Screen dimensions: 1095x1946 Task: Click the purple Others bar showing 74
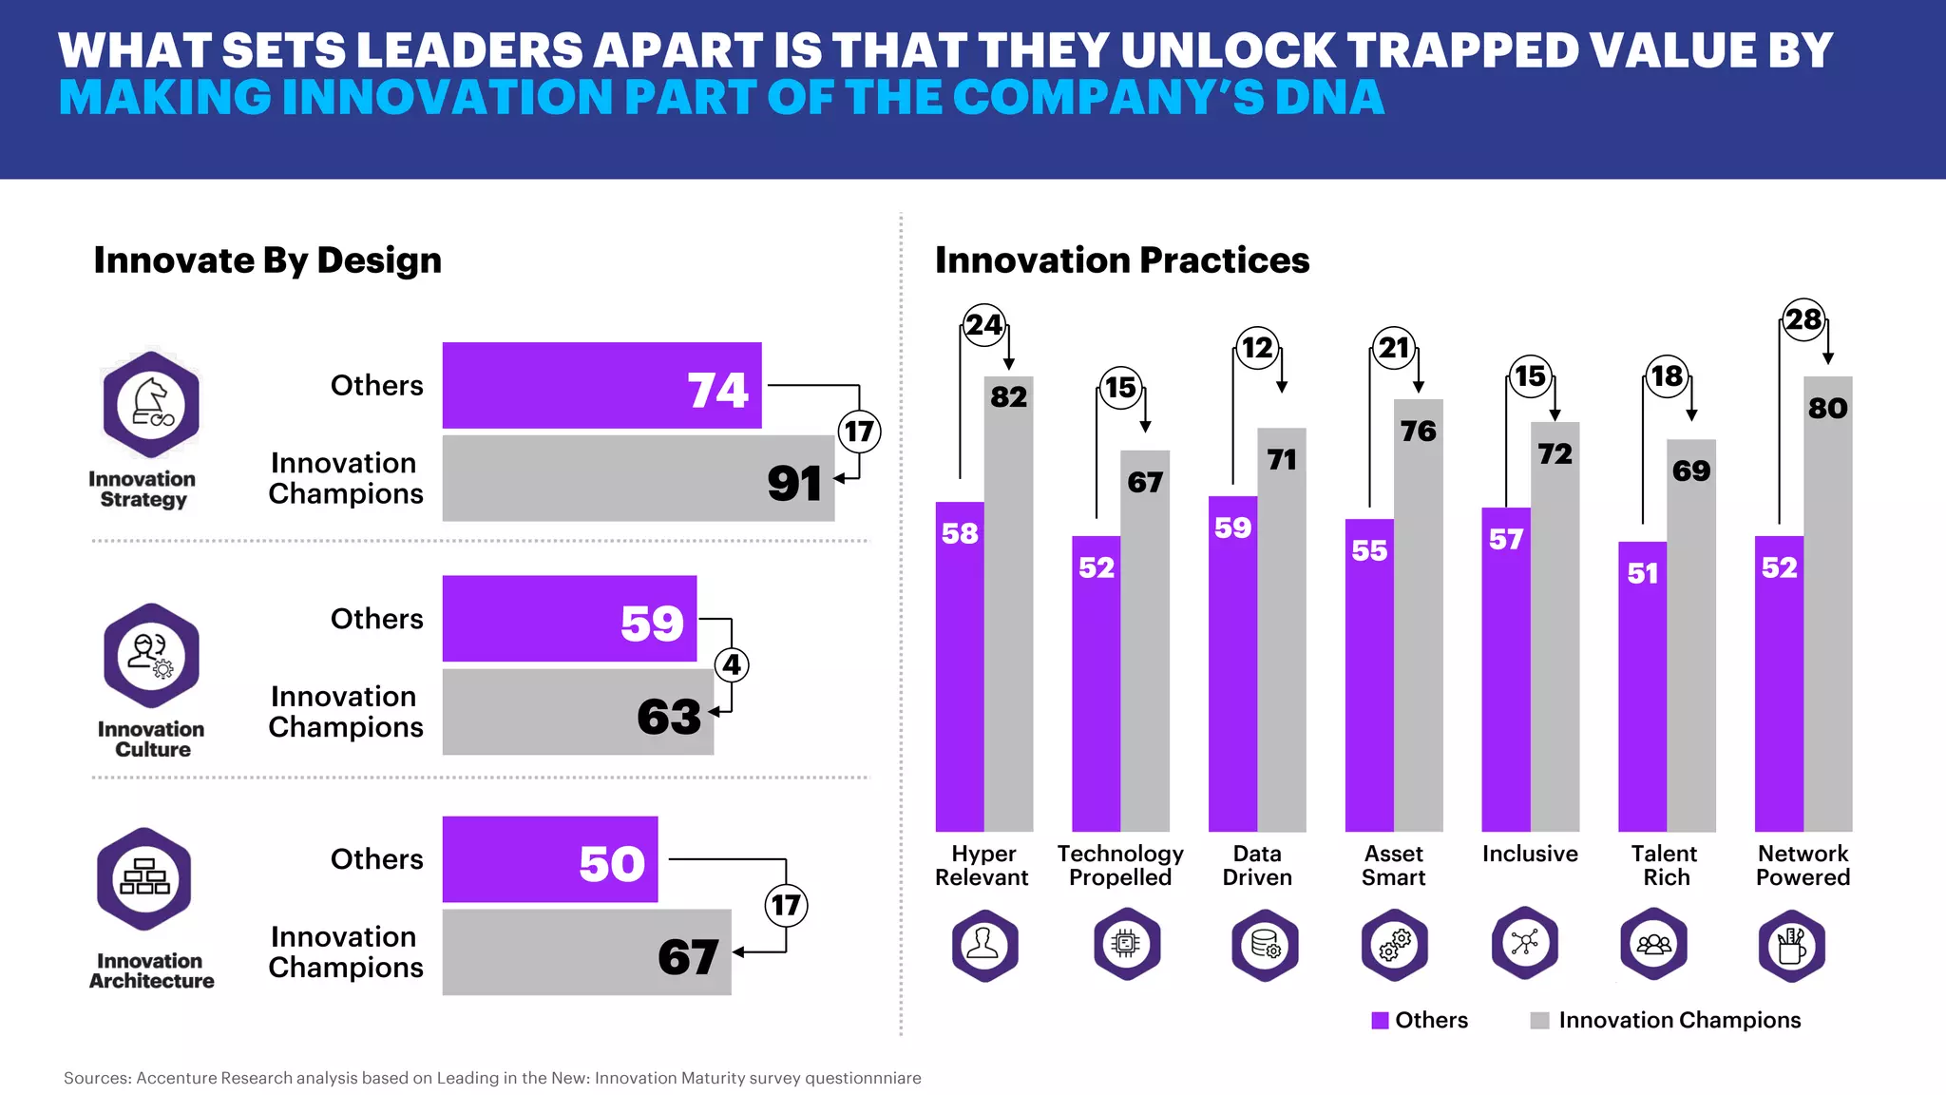[x=601, y=385]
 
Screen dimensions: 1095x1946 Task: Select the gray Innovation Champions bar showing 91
[x=638, y=478]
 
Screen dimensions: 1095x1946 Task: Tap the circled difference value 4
[x=731, y=664]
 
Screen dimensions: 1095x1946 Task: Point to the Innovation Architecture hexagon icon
[x=144, y=879]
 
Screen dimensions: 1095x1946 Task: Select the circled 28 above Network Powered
[x=1803, y=319]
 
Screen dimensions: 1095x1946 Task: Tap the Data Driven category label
[x=1256, y=865]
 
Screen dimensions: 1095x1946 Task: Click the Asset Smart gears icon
[x=1394, y=944]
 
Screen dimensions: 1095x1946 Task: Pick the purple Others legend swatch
[x=1380, y=1020]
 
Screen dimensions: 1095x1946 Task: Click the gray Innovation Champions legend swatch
[x=1539, y=1020]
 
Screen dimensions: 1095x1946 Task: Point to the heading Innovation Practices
[x=1121, y=259]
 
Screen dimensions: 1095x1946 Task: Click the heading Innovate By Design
[x=267, y=259]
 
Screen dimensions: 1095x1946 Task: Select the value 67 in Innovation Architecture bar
[x=688, y=956]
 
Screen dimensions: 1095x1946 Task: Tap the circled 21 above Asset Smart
[x=1393, y=348]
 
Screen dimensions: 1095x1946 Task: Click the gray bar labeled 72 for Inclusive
[x=1555, y=627]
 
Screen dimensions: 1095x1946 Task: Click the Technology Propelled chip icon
[x=1126, y=944]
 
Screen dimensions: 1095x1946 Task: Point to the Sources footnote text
[x=492, y=1078]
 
